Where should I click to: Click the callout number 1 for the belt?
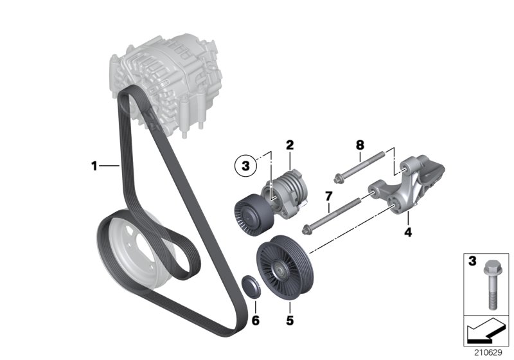(94, 166)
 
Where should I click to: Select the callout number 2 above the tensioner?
(290, 145)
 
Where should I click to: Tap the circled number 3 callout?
(245, 166)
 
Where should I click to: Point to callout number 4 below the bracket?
(407, 231)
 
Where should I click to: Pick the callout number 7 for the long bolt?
(328, 195)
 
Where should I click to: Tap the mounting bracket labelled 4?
(411, 186)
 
